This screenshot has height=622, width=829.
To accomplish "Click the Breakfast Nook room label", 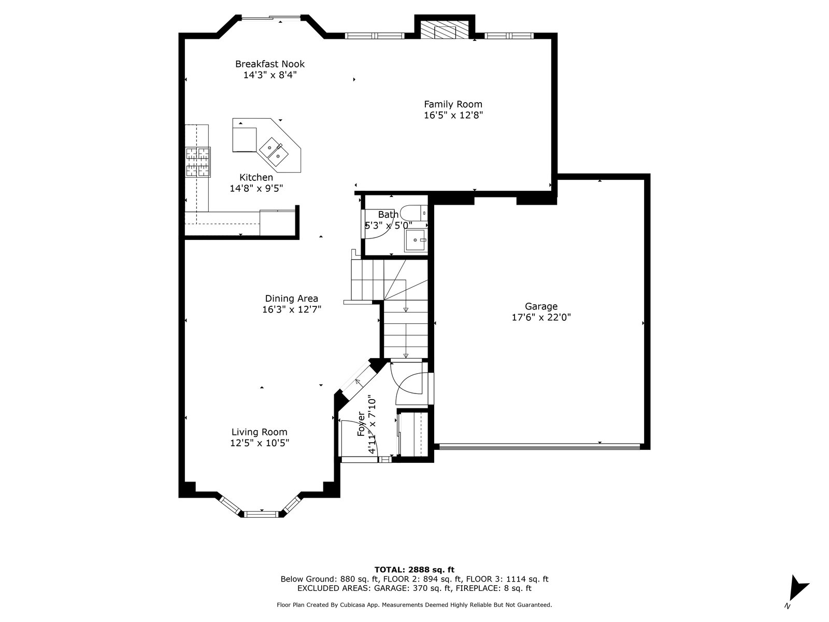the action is coord(269,64).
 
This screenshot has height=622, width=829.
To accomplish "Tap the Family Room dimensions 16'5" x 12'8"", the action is coord(453,115).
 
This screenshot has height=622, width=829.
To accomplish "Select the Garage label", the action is coord(541,306).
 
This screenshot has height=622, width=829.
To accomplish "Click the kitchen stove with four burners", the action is coord(197,162).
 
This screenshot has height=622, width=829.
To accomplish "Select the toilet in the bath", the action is coord(414,214).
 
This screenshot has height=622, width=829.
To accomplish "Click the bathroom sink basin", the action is coord(415,240).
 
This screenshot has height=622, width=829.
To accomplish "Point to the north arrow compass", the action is coord(797,590).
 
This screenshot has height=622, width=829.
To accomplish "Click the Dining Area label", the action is coord(291,299).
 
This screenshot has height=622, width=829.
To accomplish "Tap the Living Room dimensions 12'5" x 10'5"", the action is coord(260,443).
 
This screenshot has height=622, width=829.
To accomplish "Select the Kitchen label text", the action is coord(256,177).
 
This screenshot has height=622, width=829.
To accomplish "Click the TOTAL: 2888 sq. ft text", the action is coord(414,570).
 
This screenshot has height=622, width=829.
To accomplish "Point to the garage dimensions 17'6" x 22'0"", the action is coord(541,317).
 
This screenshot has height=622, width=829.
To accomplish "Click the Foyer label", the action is coord(361,423).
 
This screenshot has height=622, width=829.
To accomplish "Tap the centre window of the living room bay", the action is coord(261,514).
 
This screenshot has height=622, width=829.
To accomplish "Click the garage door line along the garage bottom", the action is coord(539,446).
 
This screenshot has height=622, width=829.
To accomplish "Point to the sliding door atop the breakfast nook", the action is coord(271,18).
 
